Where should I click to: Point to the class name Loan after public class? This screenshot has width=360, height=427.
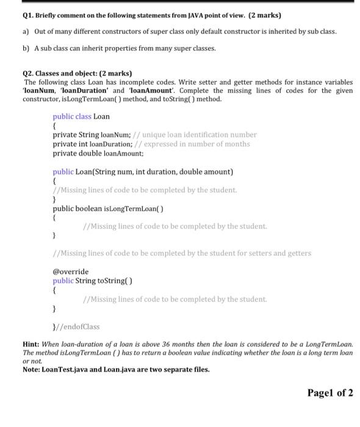point(101,117)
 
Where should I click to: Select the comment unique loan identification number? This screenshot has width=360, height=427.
point(200,135)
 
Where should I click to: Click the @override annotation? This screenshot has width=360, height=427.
point(70,271)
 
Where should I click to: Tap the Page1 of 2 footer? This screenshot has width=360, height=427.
point(330,393)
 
